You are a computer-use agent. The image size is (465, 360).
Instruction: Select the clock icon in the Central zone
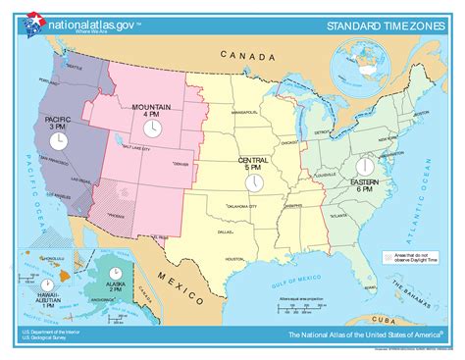[x=252, y=183]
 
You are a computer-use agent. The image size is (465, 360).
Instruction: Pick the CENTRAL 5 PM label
[x=252, y=163]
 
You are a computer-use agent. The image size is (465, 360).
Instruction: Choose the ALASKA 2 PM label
[x=116, y=286]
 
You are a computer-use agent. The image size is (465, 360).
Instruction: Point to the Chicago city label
[x=288, y=141]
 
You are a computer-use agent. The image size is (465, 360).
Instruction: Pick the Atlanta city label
[x=338, y=215]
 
